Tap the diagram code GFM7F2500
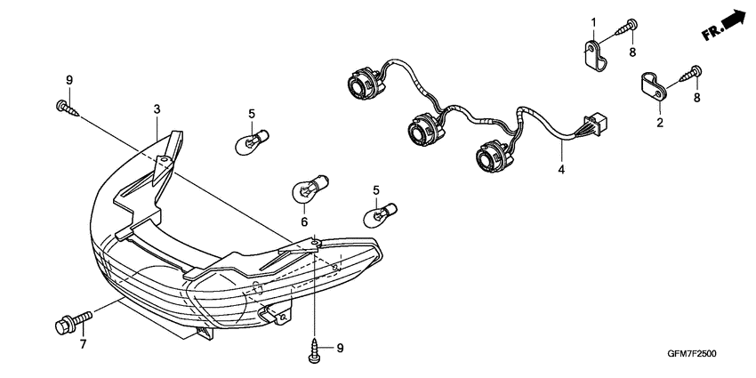692,354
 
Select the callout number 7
83,344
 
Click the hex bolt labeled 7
74,322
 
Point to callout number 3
157,109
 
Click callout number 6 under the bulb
304,222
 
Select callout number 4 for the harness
561,170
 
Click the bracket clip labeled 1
594,54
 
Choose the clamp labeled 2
653,88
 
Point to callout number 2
660,123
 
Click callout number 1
594,22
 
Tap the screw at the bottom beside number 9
314,349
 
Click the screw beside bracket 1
626,27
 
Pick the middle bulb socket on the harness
423,127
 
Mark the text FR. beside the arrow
712,32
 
